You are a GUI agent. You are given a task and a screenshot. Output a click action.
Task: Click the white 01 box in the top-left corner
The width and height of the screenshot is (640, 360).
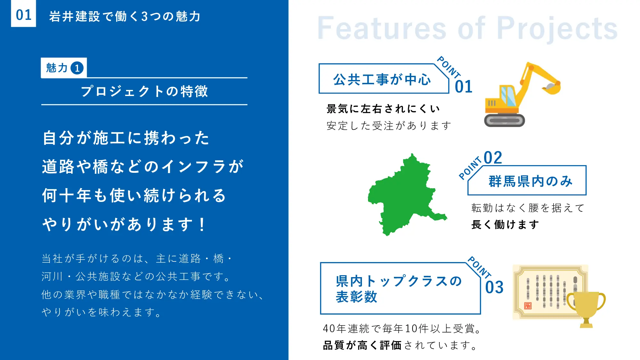[x=23, y=13]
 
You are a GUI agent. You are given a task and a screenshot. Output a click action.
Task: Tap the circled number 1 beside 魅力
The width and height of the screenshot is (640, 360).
[x=77, y=68]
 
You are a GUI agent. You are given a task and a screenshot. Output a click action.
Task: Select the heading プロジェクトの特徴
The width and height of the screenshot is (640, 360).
[x=144, y=92]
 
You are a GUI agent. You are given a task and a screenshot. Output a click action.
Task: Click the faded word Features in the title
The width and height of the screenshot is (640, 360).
[x=381, y=28]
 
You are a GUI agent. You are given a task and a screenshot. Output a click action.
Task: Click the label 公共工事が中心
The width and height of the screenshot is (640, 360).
[x=382, y=80]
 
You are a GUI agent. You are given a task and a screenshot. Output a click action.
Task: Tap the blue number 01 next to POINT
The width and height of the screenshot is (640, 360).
[x=464, y=87]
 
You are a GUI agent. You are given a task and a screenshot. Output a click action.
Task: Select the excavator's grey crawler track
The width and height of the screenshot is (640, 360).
[x=505, y=120]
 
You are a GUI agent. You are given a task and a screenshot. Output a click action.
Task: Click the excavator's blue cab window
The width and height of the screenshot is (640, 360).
[x=508, y=96]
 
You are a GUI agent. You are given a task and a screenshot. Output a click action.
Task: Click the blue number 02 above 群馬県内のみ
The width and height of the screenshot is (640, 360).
[x=493, y=158]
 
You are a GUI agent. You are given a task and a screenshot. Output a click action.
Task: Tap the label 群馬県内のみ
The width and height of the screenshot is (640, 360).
[x=531, y=181]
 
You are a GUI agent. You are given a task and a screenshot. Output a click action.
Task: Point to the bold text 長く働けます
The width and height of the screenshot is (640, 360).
[x=505, y=225]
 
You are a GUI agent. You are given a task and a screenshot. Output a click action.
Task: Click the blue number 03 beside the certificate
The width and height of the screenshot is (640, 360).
[x=494, y=287]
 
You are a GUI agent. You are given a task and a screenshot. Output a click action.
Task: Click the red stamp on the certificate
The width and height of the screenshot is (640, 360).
[x=528, y=306]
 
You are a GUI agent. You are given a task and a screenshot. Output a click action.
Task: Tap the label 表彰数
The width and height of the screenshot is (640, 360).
[x=356, y=297]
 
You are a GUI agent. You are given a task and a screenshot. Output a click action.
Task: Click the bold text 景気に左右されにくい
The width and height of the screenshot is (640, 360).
[x=383, y=109]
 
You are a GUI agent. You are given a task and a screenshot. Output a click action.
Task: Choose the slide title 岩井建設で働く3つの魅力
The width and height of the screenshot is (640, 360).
[x=125, y=16]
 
